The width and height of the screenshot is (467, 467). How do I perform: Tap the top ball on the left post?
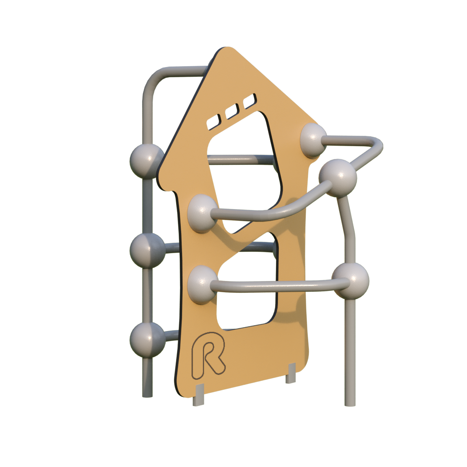pyautogui.click(x=146, y=161)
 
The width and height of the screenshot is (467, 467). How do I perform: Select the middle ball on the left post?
pyautogui.click(x=147, y=250)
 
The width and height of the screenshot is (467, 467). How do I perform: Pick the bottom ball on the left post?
pyautogui.click(x=147, y=340)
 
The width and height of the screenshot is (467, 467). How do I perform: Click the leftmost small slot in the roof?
pyautogui.click(x=213, y=122)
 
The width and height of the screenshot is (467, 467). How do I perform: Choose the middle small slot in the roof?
pyautogui.click(x=232, y=111)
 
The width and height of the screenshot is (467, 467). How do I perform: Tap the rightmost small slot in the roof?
pyautogui.click(x=249, y=101)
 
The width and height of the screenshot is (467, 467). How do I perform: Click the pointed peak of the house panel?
pyautogui.click(x=227, y=47)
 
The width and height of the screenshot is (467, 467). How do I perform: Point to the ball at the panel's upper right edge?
pyautogui.click(x=313, y=140)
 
